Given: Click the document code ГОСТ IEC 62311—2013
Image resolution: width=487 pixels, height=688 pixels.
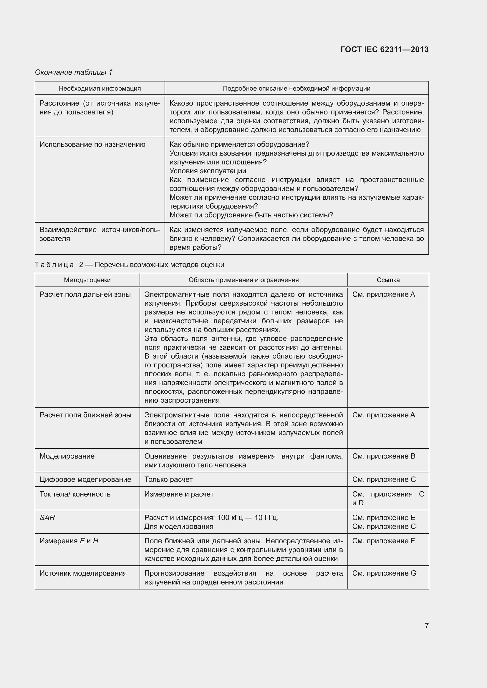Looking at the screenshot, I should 385,49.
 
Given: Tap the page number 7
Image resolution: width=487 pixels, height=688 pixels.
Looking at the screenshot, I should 426,626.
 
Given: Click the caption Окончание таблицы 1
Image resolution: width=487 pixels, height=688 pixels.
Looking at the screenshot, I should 74,72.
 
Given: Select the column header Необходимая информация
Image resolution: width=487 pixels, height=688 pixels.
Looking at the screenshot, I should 100,89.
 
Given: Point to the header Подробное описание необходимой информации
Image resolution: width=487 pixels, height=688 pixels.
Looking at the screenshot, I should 296,89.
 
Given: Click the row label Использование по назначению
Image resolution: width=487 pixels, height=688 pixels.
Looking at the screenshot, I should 92,144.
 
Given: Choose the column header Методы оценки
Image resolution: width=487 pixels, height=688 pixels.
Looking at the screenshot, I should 87,280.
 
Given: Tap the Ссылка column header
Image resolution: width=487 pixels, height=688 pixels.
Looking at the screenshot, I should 388,280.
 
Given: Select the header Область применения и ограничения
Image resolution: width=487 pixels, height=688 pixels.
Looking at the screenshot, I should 243,280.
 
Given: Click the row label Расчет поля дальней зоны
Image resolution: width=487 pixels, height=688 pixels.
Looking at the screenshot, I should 85,294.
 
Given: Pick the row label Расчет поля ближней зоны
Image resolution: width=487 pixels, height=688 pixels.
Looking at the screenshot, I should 85,415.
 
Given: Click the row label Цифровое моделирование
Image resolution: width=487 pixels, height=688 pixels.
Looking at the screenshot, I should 85,479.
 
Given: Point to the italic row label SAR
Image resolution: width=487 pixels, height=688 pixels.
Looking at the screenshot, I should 47,517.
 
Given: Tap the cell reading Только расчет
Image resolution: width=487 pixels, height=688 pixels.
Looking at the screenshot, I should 168,479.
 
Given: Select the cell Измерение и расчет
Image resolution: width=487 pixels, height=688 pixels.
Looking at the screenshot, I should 179,494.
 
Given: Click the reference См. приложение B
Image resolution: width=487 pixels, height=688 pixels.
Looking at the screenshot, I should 384,456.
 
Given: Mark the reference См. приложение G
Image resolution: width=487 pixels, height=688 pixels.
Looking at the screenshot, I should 384,573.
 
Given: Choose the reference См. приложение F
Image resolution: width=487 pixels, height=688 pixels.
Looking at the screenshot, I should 384,541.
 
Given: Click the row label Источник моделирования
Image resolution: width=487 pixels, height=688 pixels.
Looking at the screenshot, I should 83,573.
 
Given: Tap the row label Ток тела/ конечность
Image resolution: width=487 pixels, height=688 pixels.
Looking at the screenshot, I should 75,494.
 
